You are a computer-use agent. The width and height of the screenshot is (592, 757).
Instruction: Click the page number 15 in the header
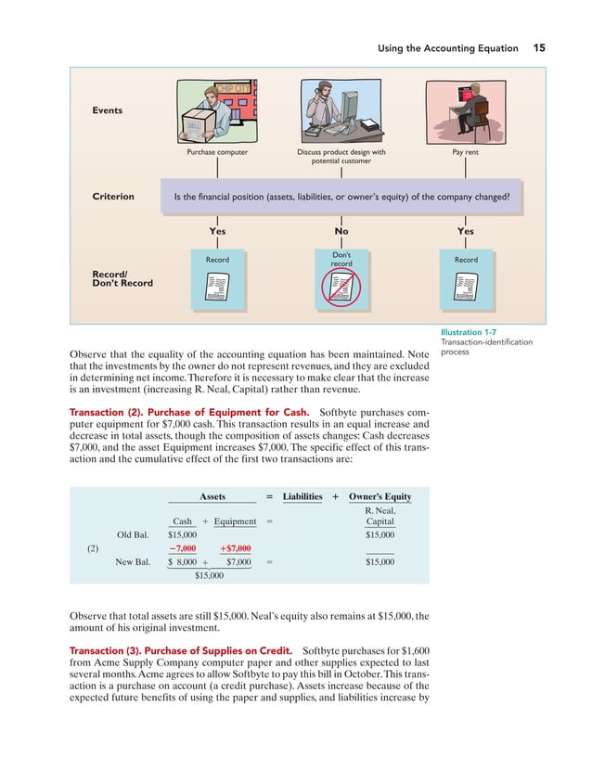539,47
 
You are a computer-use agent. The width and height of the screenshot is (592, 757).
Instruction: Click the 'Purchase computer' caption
216,151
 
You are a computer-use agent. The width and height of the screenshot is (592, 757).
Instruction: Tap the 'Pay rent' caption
465,151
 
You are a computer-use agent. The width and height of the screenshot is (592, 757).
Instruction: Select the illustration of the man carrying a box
216,110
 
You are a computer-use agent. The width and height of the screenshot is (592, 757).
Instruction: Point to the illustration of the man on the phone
341,110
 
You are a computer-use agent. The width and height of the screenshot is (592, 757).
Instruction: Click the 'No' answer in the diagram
341,231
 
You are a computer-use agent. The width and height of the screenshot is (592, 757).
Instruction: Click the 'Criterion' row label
113,197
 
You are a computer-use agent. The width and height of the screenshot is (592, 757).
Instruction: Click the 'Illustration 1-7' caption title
474,332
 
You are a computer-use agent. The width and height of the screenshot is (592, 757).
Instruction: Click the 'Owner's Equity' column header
380,496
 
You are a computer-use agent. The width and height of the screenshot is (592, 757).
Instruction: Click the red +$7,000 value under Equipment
234,547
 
